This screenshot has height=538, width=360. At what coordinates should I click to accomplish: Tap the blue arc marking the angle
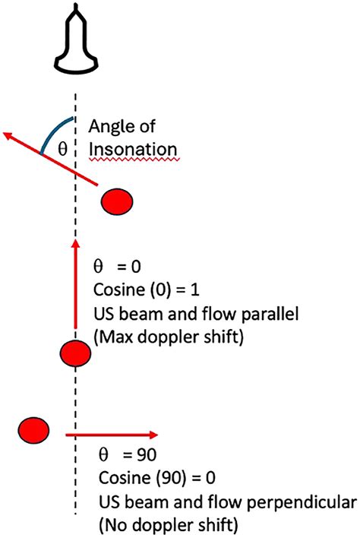[x=52, y=131]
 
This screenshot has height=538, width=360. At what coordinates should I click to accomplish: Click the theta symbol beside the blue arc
[x=62, y=149]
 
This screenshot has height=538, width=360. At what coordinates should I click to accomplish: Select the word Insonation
[x=133, y=149]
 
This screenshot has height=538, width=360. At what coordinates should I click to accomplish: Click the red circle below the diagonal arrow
[x=117, y=202]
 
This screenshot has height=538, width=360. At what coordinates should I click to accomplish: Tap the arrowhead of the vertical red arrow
[x=76, y=243]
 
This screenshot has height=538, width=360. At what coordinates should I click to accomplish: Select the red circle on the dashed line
[x=75, y=353]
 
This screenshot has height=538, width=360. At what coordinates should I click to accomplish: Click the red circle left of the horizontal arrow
[x=33, y=430]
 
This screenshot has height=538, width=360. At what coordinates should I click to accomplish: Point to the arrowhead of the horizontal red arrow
[x=153, y=435]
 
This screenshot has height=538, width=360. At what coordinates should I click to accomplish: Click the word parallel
[x=270, y=314]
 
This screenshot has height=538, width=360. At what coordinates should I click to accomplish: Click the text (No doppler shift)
[x=169, y=525]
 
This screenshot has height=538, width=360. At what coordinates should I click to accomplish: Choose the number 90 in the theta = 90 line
[x=147, y=455]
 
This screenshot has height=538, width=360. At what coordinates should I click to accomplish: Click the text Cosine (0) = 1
[x=146, y=290]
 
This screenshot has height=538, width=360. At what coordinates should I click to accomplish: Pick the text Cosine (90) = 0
[x=157, y=478]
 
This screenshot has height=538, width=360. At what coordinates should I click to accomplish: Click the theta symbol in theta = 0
[x=98, y=266]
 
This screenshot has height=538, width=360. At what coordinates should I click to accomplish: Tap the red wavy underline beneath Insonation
[x=134, y=160]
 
